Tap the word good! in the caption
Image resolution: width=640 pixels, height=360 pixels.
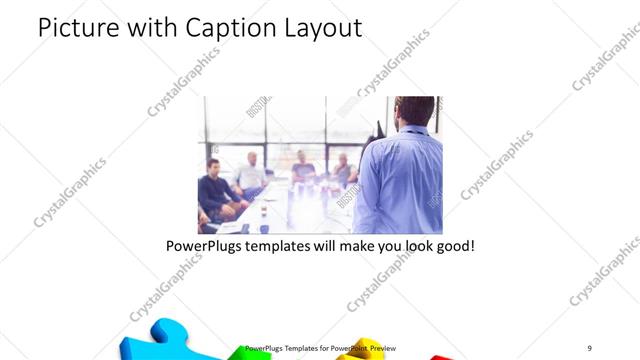[x=451, y=245]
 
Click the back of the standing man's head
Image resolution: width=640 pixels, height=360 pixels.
[x=413, y=111]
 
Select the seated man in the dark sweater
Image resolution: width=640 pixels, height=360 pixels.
[x=216, y=190]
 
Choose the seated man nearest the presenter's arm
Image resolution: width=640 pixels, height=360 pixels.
[x=343, y=171]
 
